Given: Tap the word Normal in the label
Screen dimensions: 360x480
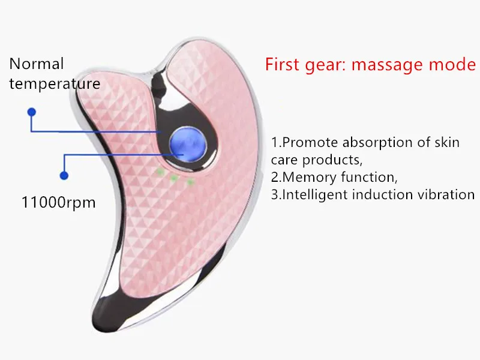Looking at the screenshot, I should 36,64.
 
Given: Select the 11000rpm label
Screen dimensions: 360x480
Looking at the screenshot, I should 58,202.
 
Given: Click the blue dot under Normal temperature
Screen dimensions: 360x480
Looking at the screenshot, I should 32,112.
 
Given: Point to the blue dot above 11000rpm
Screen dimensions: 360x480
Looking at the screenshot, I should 64,175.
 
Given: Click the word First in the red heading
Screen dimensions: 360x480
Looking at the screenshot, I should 283,64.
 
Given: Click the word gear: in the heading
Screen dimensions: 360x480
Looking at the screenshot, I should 328,65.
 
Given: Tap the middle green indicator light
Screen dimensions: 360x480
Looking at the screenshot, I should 174,178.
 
